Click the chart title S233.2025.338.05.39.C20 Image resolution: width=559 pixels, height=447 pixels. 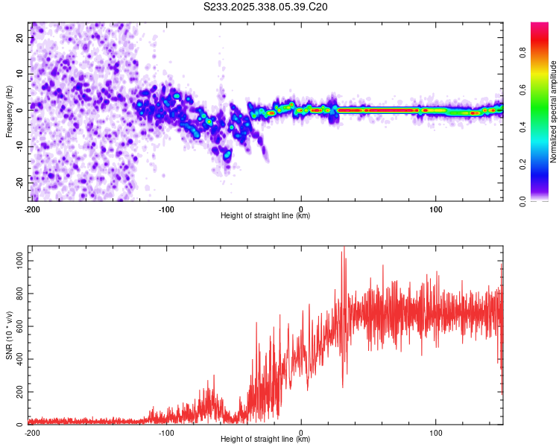266,7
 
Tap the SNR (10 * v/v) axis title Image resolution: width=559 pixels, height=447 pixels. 9,335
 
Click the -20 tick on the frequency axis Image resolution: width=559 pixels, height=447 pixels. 19,181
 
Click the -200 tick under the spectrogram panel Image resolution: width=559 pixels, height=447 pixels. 32,209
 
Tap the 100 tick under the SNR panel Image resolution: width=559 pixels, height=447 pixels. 435,432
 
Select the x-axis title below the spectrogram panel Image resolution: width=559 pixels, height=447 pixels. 265,216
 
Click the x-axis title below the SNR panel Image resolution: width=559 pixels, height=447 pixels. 265,440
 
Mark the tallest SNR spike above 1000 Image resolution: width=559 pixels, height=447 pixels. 344,249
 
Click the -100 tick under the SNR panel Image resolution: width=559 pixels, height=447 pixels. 166,432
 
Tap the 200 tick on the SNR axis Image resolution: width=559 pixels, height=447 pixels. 18,391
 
